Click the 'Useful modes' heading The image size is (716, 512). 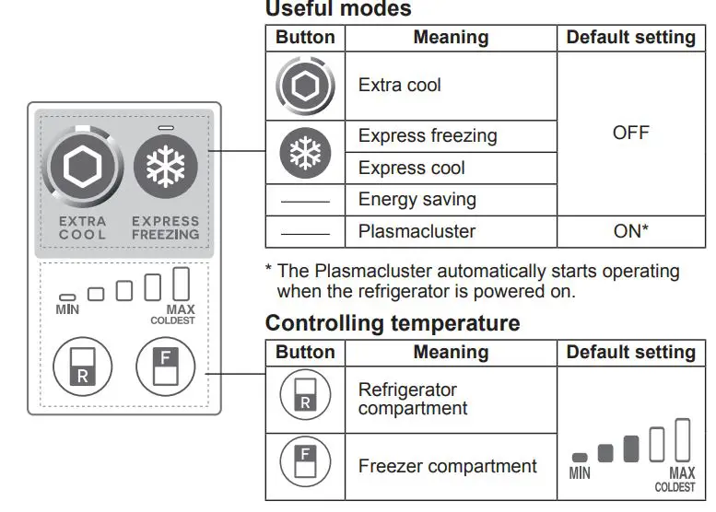tap(337, 9)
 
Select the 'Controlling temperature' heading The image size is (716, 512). tap(392, 324)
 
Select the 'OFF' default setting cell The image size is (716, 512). tap(630, 134)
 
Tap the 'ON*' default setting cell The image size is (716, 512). tap(630, 231)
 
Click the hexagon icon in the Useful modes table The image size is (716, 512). tap(305, 86)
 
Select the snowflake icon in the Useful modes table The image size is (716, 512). tap(305, 153)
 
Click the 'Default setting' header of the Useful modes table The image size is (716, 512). tap(630, 38)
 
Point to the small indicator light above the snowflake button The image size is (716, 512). tap(166, 128)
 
